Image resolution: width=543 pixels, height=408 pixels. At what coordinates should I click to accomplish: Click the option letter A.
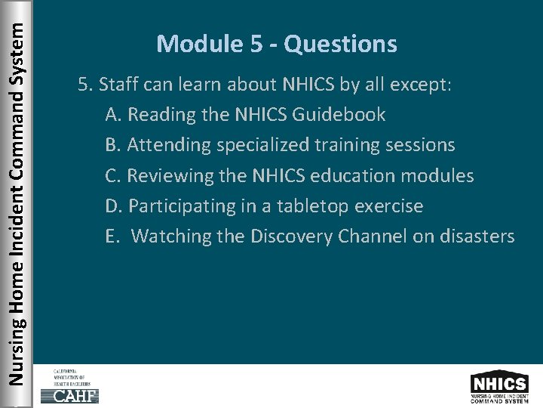[114, 116]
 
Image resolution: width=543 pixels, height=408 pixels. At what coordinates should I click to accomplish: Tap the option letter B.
[114, 146]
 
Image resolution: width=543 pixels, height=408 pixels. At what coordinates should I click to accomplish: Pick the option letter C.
[114, 176]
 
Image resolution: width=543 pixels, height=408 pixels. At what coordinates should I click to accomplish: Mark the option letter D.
[114, 206]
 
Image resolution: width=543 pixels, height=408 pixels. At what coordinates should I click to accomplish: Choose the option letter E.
[113, 236]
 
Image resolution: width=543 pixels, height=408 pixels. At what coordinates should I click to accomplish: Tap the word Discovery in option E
[295, 236]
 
